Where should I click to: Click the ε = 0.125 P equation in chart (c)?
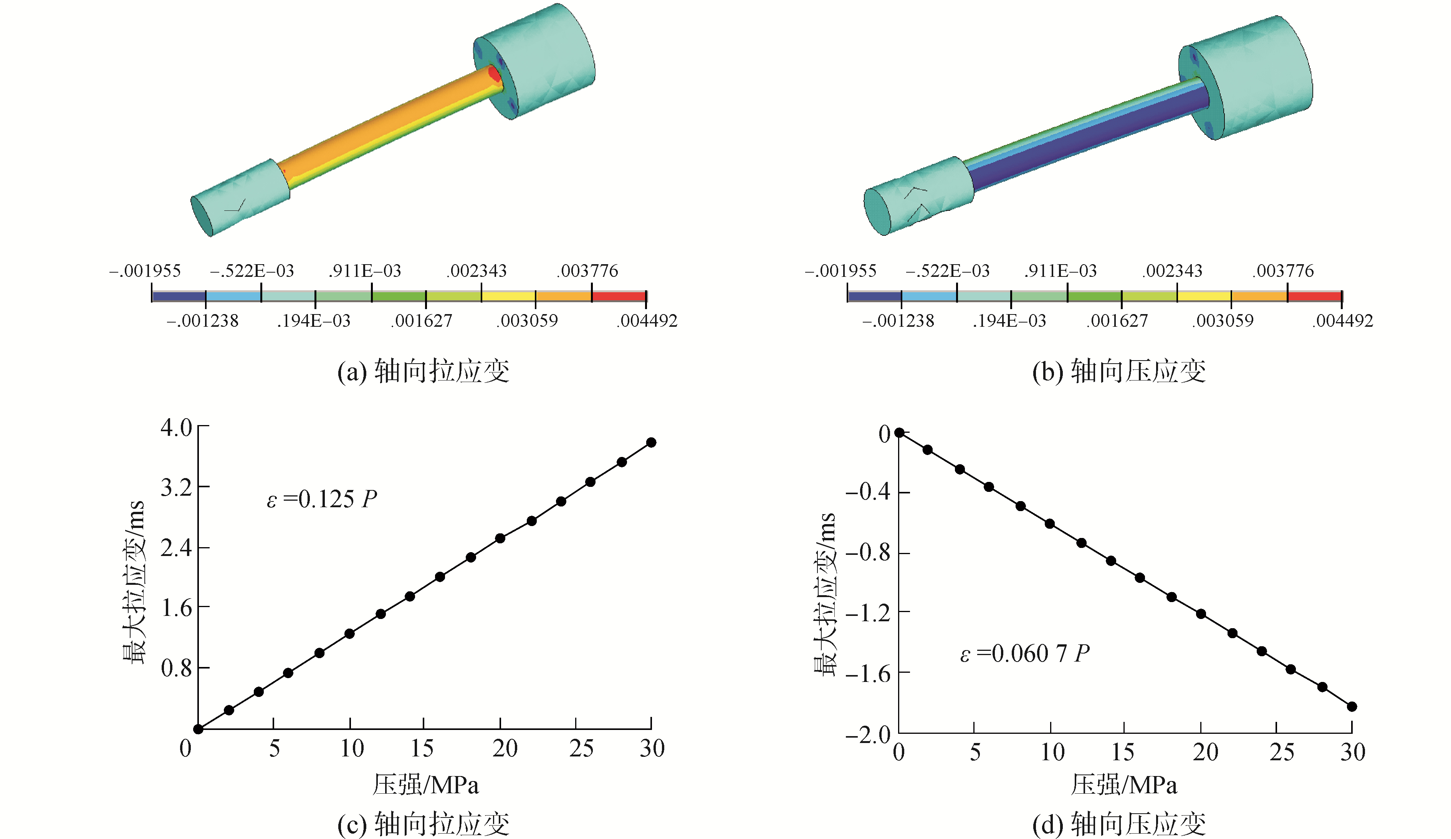[x=322, y=499]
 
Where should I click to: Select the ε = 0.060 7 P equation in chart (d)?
[x=1025, y=653]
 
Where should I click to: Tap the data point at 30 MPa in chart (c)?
[x=651, y=442]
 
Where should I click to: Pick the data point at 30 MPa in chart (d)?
[x=1352, y=707]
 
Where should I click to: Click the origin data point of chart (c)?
[x=198, y=729]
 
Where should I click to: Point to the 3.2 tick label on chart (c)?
[x=176, y=487]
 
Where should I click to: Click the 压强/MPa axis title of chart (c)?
[x=425, y=785]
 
